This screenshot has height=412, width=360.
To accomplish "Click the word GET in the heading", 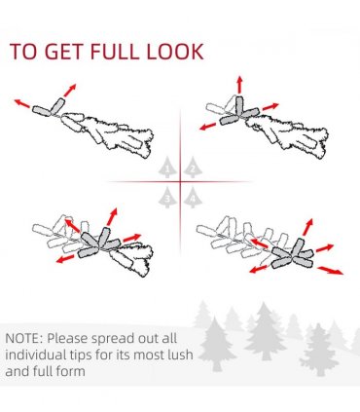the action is tap(64, 52).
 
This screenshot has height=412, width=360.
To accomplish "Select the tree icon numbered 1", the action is tap(167, 168).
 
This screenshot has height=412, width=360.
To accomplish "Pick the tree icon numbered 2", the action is tap(193, 168).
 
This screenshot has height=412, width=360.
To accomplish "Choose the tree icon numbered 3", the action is tap(167, 197).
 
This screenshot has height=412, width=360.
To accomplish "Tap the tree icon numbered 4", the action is tap(193, 197).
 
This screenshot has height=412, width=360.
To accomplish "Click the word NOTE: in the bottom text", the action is tap(24, 338).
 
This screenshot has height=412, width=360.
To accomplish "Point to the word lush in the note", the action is tap(180, 355).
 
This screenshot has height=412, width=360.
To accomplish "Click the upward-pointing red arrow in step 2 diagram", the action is tap(239, 85).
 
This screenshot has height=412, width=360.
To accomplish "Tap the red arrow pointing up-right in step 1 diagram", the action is tap(70, 91).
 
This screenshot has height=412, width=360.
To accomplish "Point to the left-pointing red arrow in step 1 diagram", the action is tap(22, 103).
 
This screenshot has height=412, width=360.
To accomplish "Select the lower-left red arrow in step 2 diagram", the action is tap(208, 127).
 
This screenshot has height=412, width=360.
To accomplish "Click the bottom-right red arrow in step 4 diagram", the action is tap(330, 271).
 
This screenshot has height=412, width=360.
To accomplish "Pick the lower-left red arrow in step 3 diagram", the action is tap(65, 259).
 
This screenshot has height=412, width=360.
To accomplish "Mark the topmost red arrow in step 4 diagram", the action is tap(307, 227).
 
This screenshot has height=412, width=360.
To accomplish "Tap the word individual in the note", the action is tap(32, 355).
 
